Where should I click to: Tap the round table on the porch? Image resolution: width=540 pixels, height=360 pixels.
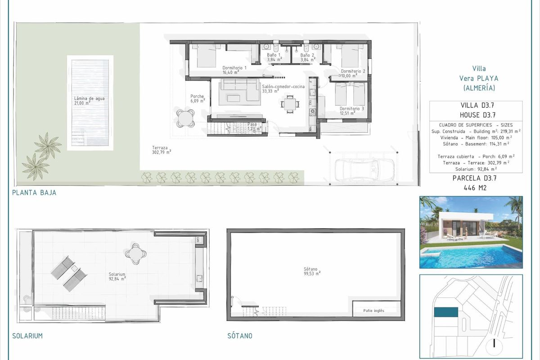tap(185, 119)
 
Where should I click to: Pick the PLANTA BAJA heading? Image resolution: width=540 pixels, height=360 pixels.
tap(35, 193)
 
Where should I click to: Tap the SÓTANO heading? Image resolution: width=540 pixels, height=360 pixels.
tap(240, 336)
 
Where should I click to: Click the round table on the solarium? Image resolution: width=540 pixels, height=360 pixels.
tap(135, 253)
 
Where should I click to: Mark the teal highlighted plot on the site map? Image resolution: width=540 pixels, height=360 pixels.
tap(445, 311)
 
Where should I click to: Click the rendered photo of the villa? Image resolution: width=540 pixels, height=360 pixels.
tap(471, 232)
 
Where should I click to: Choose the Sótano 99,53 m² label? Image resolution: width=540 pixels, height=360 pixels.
tap(312, 271)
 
